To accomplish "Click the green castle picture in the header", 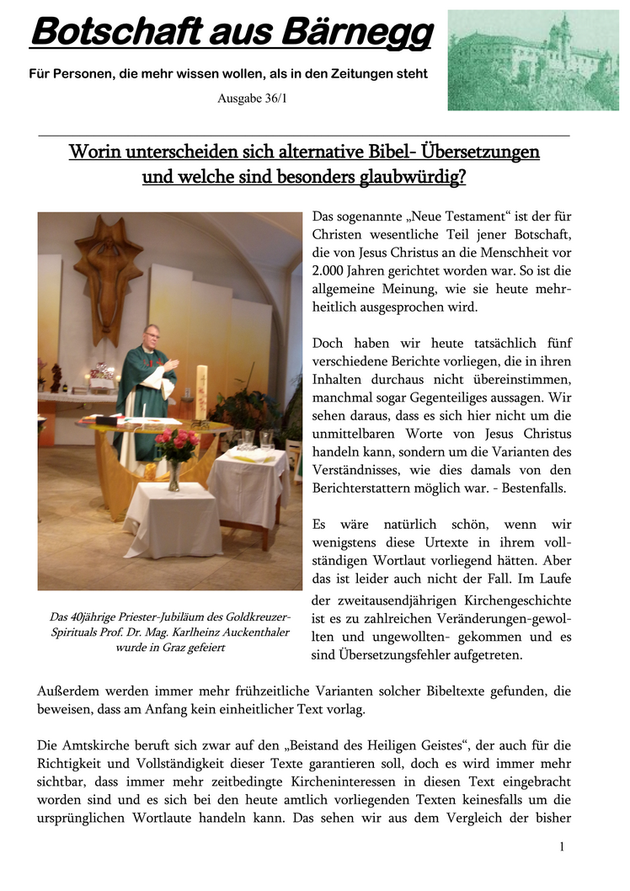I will [532, 60].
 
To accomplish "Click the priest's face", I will [152, 337].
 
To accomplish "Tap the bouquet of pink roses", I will [175, 445].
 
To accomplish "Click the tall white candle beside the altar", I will [200, 392].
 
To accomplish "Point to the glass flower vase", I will [174, 475].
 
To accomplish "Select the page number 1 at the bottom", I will [561, 846].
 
